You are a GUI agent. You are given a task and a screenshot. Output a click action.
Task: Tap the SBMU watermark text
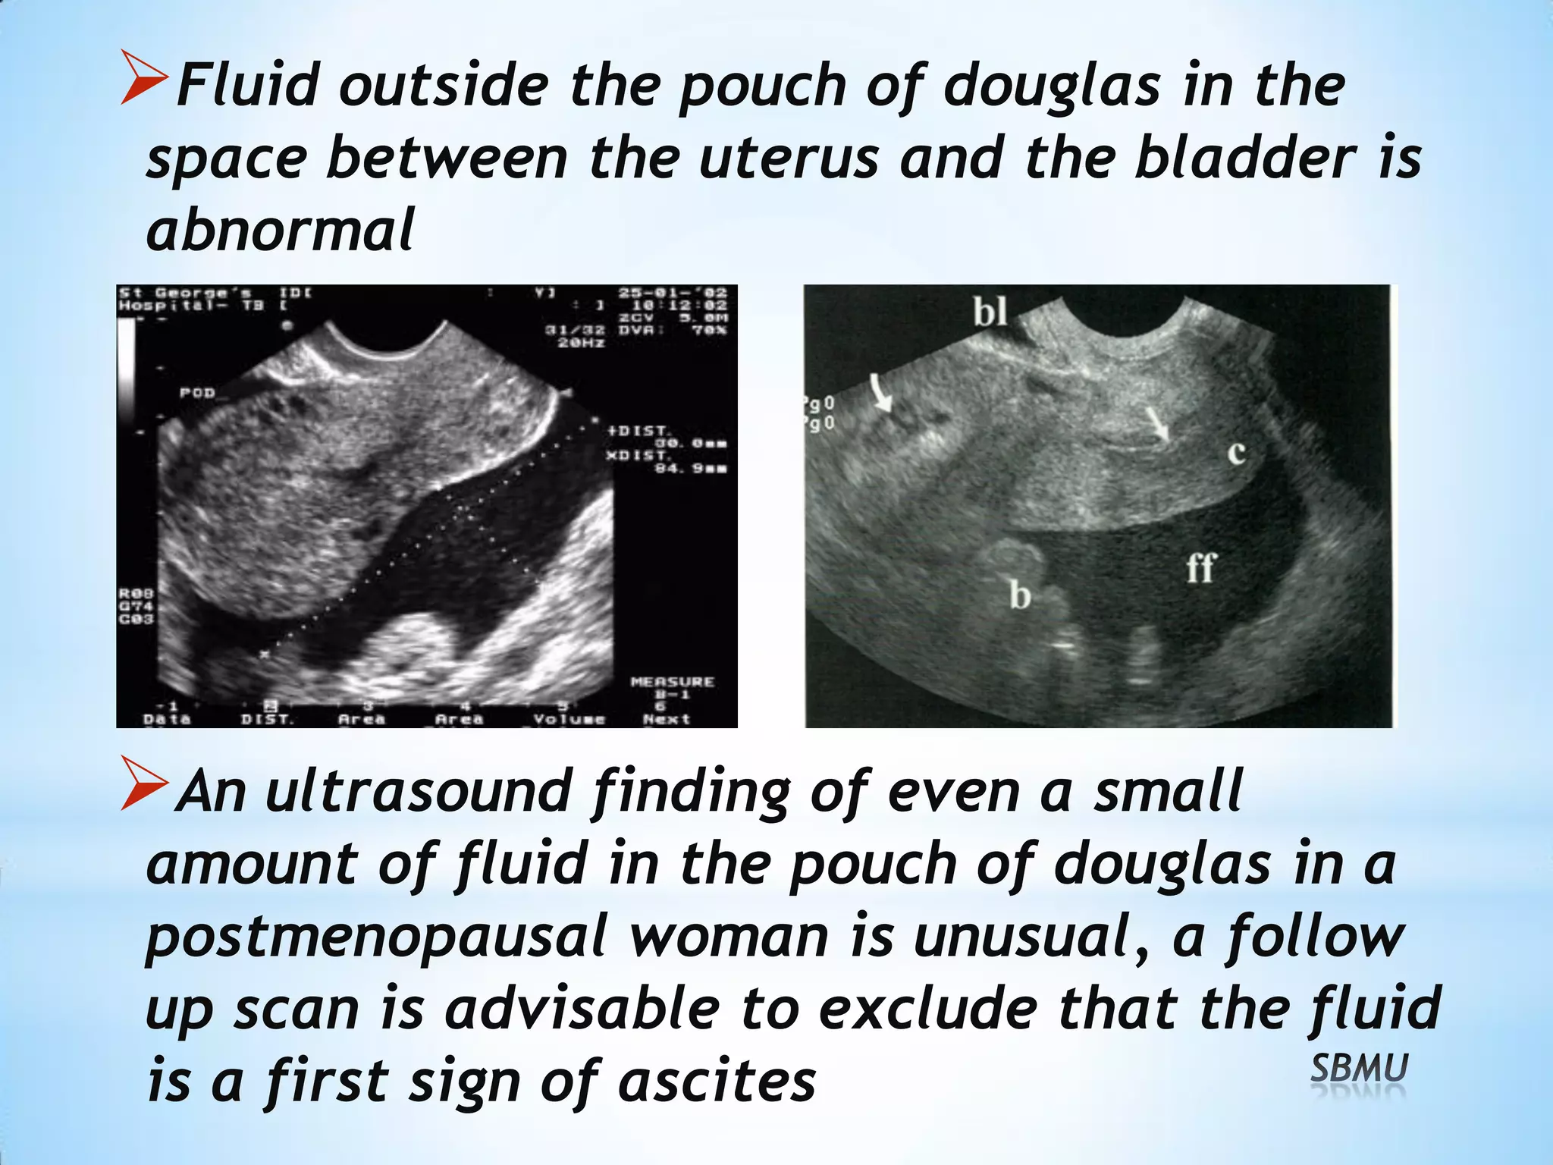(x=1359, y=1069)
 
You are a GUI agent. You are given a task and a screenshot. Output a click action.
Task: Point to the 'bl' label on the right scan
(x=990, y=311)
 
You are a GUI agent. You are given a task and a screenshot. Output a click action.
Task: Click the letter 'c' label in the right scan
(x=1236, y=453)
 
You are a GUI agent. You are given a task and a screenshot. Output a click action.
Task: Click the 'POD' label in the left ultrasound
(x=197, y=393)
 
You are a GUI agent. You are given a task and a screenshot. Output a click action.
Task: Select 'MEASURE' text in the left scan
(x=672, y=682)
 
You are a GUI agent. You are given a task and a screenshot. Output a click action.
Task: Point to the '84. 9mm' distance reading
(x=690, y=468)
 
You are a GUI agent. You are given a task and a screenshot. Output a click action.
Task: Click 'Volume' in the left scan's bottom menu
(x=569, y=718)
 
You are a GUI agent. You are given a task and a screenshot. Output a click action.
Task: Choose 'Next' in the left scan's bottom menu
(x=666, y=718)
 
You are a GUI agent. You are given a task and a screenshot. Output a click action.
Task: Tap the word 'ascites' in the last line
(x=717, y=1082)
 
